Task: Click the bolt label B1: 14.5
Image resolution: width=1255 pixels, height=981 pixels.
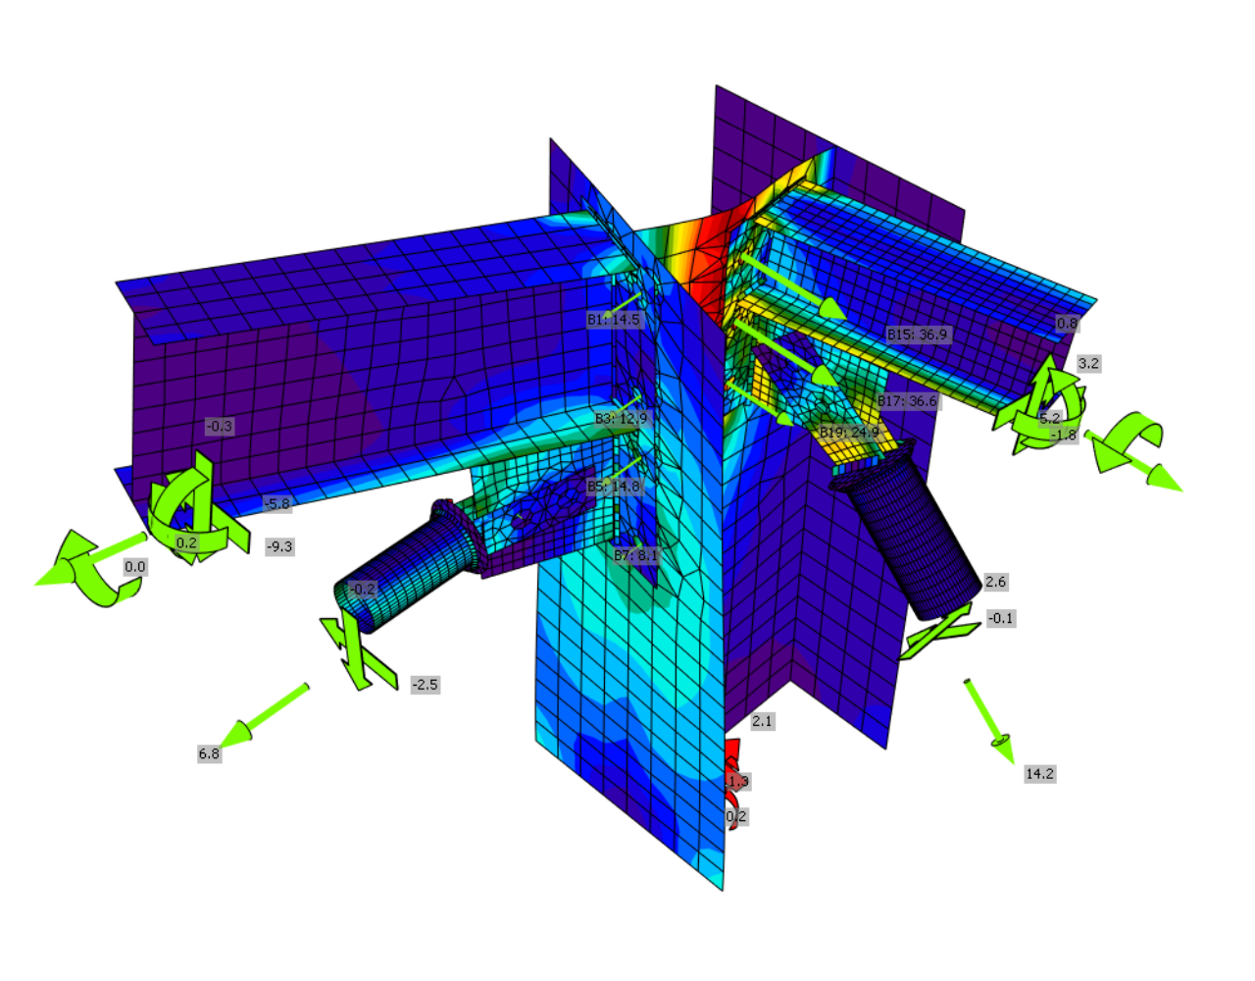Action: pos(613,320)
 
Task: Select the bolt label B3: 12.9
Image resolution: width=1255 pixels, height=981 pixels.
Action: pos(621,419)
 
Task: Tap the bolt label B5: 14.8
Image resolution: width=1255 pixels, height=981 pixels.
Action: pos(613,487)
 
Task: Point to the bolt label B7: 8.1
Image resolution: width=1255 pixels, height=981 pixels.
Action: pos(635,555)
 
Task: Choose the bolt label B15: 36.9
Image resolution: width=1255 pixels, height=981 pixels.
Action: pos(917,335)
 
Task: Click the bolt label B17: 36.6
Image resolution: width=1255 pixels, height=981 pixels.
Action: pos(907,401)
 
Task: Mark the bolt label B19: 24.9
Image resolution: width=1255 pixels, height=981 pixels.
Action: pos(849,433)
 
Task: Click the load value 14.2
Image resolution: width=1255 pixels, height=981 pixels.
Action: pos(1039,774)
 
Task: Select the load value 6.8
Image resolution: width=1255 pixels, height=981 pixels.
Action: pos(209,753)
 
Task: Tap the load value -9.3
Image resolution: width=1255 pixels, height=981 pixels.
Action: pos(279,546)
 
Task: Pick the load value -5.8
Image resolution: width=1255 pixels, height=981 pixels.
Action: pos(276,504)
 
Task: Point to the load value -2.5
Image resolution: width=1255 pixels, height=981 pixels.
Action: pos(425,685)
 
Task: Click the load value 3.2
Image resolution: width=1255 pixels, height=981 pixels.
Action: pos(1088,363)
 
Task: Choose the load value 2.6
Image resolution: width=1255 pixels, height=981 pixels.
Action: pos(995,582)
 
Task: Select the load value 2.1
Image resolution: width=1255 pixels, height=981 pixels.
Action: pos(762,721)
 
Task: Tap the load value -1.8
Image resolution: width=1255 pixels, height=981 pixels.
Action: pos(1064,435)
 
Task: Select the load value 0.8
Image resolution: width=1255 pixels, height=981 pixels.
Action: pos(1067,323)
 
